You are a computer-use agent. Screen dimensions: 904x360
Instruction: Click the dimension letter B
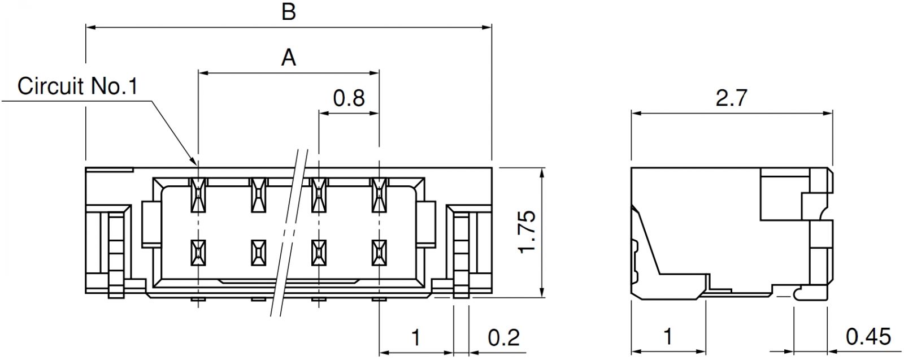tap(289, 12)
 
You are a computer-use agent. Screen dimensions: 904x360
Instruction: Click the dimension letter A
tap(289, 58)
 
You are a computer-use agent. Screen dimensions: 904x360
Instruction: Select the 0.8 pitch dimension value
tap(349, 98)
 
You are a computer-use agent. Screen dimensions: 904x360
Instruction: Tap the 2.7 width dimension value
tap(732, 98)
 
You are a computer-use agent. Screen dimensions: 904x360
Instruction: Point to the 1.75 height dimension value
tap(528, 232)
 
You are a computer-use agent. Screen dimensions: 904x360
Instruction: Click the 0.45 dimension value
tap(868, 337)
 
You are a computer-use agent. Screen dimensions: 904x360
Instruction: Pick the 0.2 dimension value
tap(504, 337)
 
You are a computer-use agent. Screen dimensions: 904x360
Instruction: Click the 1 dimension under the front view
tap(416, 337)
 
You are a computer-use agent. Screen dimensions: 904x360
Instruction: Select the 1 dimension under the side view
tap(668, 337)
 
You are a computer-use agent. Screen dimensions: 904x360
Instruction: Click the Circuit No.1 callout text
tap(77, 86)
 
